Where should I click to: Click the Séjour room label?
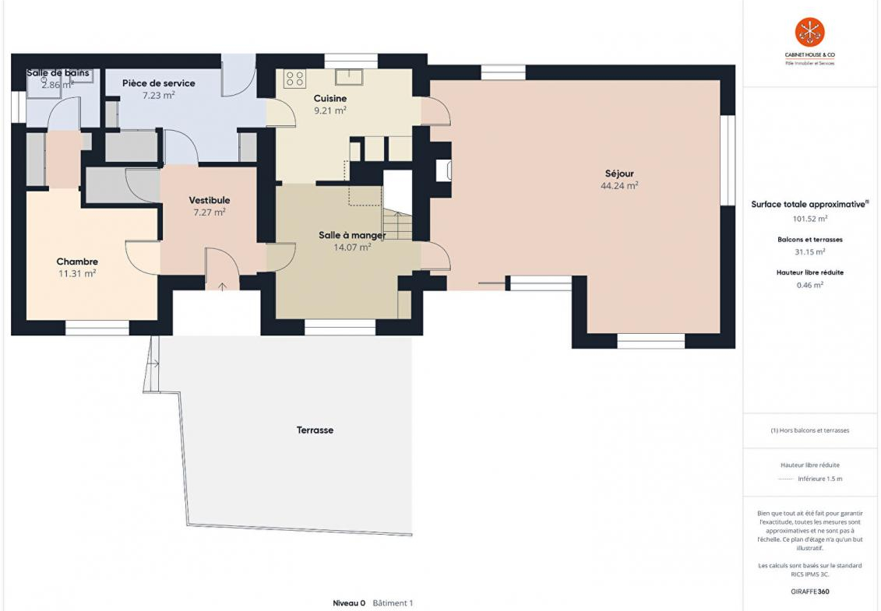tap(619, 174)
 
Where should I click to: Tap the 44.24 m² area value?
tap(619, 185)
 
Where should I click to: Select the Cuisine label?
tap(329, 98)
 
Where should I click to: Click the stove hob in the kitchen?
tap(295, 78)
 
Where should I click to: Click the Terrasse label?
tap(315, 430)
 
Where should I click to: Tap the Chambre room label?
tap(77, 262)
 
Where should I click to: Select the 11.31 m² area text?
tap(77, 273)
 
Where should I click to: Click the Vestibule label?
tap(209, 201)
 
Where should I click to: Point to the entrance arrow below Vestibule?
tap(223, 287)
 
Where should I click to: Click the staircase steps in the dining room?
tap(397, 225)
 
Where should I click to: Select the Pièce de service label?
tap(158, 83)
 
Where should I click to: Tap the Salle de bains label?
tap(58, 73)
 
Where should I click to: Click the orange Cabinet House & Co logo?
tap(809, 32)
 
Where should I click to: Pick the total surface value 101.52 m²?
tap(809, 219)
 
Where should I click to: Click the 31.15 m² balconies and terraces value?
tap(809, 251)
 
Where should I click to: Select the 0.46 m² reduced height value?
tap(809, 285)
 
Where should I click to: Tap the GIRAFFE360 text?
tap(809, 592)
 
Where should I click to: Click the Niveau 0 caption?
tap(349, 603)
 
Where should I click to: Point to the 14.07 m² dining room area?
tap(352, 247)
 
